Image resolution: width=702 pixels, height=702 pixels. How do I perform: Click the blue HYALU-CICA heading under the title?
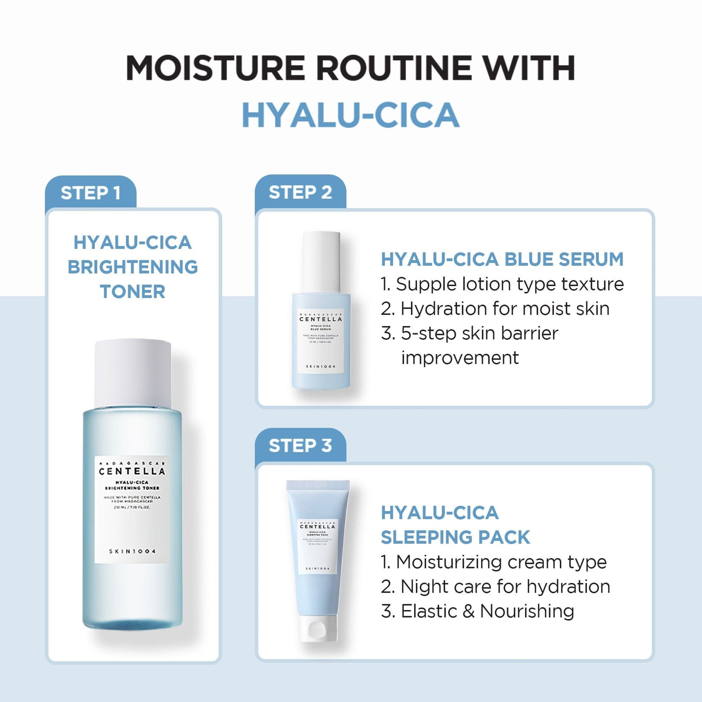tap(351, 115)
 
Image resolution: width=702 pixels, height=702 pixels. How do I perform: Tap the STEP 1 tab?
tap(91, 193)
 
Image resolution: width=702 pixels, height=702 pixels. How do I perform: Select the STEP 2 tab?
tap(300, 192)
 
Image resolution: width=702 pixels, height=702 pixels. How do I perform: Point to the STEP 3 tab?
tap(300, 446)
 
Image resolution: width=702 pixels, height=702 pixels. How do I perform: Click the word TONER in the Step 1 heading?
tap(133, 292)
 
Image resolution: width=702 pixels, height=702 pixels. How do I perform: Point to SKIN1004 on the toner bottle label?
tap(132, 551)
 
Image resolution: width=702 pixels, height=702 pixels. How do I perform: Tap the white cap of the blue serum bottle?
tap(321, 262)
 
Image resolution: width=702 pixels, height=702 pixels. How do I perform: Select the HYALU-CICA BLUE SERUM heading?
tap(502, 259)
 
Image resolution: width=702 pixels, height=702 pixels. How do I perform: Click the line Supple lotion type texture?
tap(502, 284)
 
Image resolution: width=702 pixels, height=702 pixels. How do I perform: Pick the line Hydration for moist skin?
tap(495, 309)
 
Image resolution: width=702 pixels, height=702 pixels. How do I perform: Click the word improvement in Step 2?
tap(460, 358)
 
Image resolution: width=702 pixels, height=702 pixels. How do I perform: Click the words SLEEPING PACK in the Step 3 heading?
tap(455, 537)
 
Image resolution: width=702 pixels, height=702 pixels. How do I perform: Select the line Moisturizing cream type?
tap(494, 562)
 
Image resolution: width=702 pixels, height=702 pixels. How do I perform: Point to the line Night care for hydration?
tap(495, 587)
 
